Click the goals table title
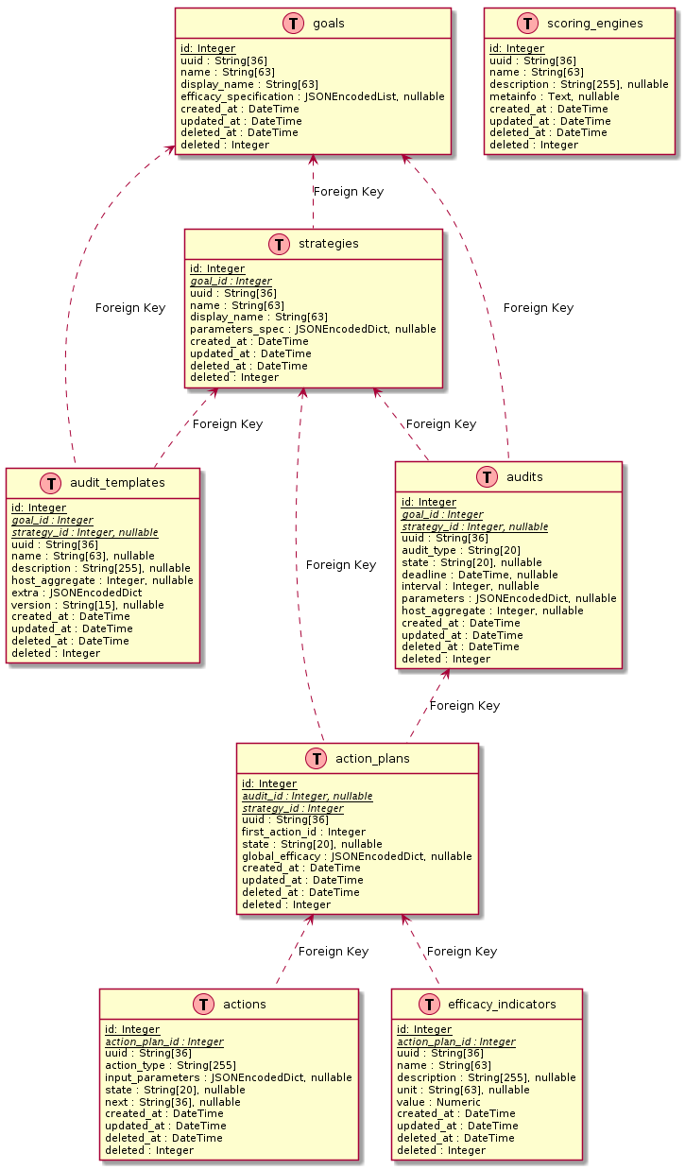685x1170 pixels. (x=328, y=23)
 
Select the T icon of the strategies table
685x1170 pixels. (x=281, y=244)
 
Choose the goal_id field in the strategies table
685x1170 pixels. (x=231, y=281)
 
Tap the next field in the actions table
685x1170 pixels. (x=172, y=1102)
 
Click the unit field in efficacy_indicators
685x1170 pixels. (x=463, y=1090)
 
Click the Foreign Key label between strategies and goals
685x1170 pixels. (x=348, y=192)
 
